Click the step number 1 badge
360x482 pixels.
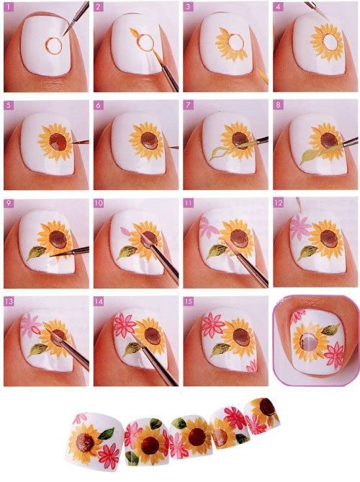coord(9,6)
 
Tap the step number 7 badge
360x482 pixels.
coord(188,105)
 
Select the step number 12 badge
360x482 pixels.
coord(278,203)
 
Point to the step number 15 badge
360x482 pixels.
coord(189,301)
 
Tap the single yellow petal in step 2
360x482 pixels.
coord(135,33)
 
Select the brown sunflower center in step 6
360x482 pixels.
coord(150,140)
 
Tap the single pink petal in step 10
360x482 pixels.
coord(125,231)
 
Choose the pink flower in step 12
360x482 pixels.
coord(299,227)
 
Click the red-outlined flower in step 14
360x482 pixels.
coord(124,326)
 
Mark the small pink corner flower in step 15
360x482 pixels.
coord(251,365)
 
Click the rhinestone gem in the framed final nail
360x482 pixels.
coord(308,342)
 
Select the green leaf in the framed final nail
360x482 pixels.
coord(330,329)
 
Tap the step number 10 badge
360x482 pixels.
coord(99,203)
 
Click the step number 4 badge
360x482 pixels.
coord(278,6)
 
